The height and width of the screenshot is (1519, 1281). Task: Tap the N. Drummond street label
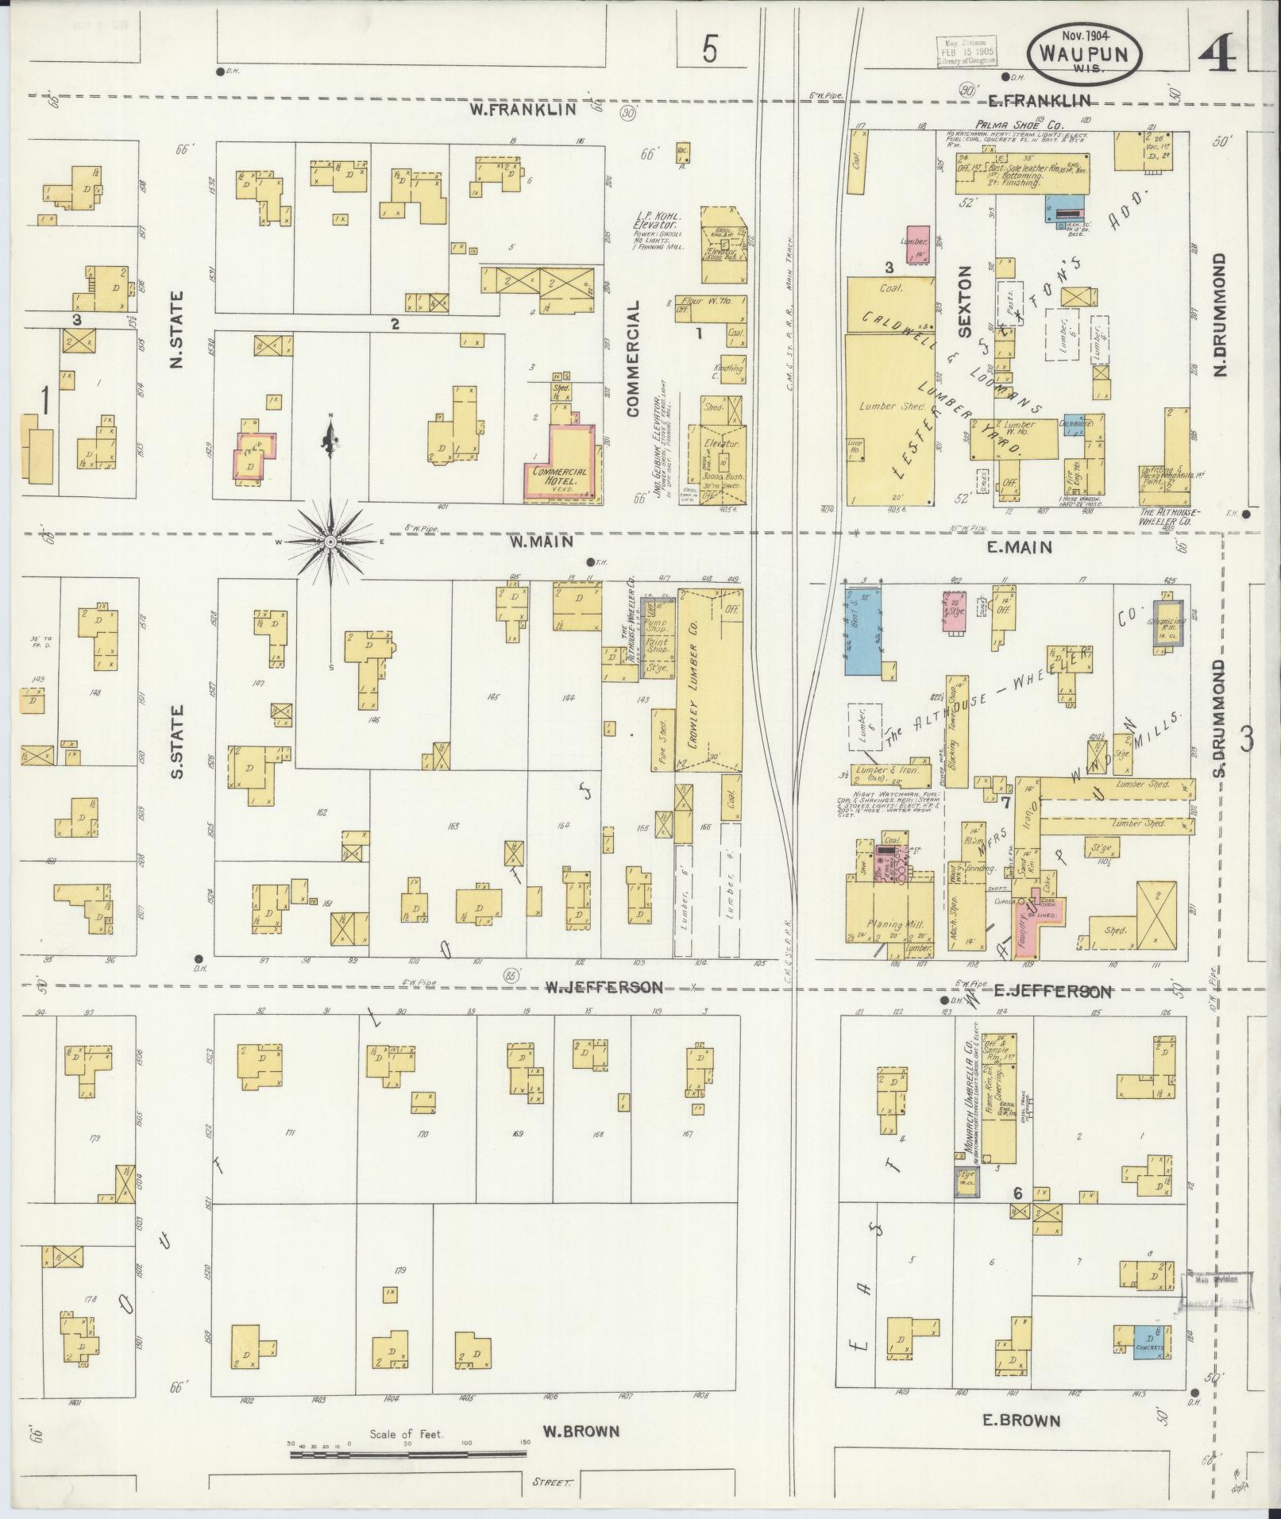[x=1221, y=314]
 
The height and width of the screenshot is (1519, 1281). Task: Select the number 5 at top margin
[x=709, y=51]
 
